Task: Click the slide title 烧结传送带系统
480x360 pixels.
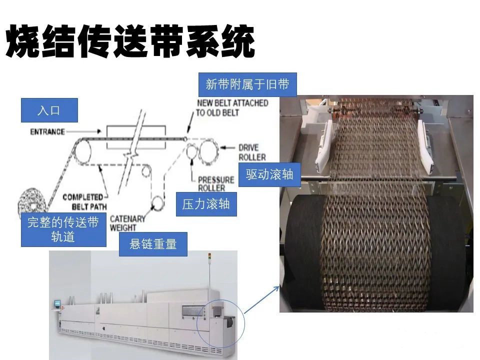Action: [130, 41]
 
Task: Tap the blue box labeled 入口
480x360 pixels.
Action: [49, 110]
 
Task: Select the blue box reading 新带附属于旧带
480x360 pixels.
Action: [247, 84]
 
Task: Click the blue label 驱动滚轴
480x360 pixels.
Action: [269, 174]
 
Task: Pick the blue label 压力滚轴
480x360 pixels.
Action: [206, 204]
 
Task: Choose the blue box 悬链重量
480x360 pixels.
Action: [153, 244]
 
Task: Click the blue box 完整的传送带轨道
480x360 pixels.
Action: [63, 229]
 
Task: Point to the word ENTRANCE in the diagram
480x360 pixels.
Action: [47, 132]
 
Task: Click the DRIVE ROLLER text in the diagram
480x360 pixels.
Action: [252, 152]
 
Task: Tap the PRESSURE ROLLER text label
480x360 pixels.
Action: [215, 183]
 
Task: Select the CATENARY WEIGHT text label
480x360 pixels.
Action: [127, 223]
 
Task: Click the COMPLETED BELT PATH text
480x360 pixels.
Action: [85, 201]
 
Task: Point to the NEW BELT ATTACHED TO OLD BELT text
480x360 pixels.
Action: [232, 108]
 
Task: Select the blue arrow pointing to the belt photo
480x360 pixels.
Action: [261, 299]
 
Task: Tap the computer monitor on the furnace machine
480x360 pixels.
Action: [56, 303]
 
